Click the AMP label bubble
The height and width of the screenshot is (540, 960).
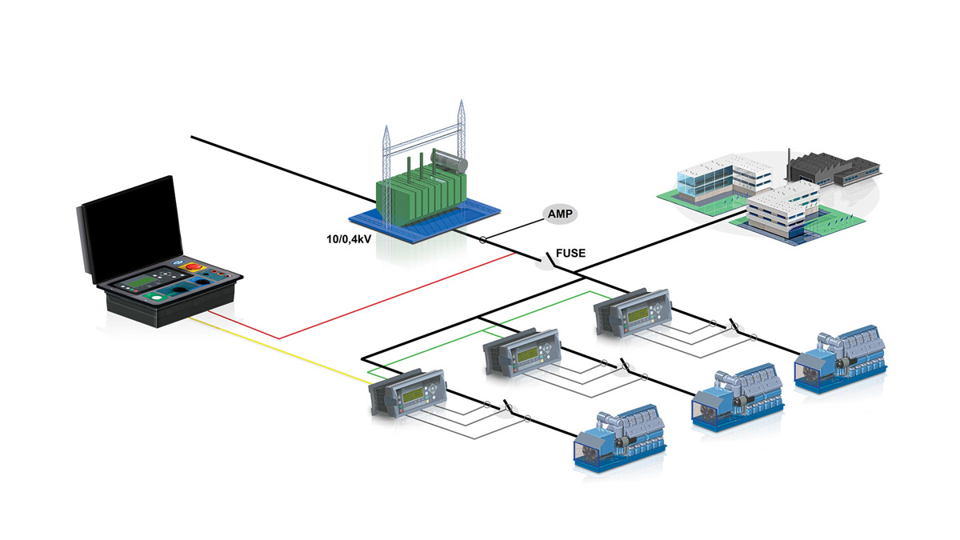pos(561,214)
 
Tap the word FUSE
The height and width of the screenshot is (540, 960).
pos(571,254)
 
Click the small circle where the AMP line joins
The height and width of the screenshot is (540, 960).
pos(482,240)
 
